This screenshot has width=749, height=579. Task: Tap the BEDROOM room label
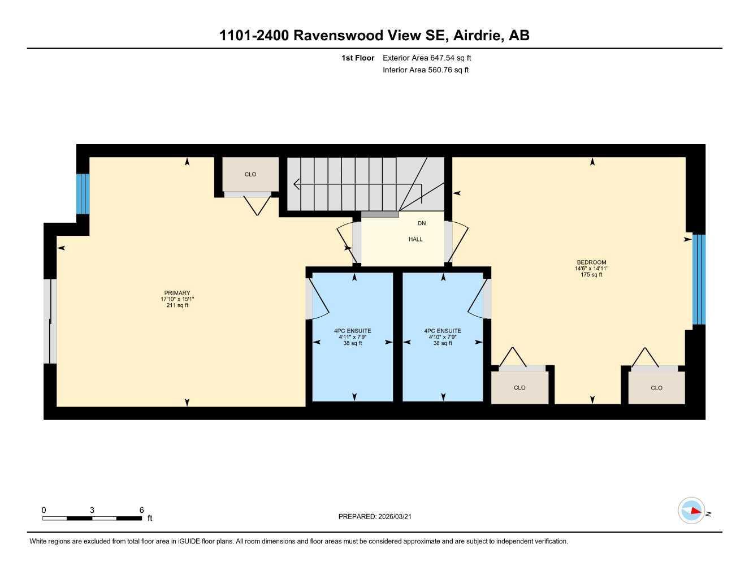[x=591, y=262]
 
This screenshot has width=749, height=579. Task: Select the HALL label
[x=415, y=239]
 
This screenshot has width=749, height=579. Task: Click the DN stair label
[x=422, y=223]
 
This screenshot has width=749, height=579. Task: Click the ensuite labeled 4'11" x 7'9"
[x=353, y=337]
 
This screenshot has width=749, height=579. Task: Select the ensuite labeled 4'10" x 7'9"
[x=443, y=337]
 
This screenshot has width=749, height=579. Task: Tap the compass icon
[x=691, y=511]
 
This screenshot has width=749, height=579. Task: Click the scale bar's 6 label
[x=141, y=510]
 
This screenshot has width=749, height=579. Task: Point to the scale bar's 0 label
[x=44, y=510]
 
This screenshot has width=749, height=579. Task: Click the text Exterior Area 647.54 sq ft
[x=427, y=58]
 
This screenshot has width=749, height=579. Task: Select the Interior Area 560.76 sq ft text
[x=426, y=70]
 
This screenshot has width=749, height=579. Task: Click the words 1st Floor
[x=358, y=58]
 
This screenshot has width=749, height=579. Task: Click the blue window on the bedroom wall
[x=699, y=279]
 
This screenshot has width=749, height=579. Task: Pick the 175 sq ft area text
[x=591, y=275]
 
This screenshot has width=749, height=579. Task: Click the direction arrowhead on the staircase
[x=296, y=184]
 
